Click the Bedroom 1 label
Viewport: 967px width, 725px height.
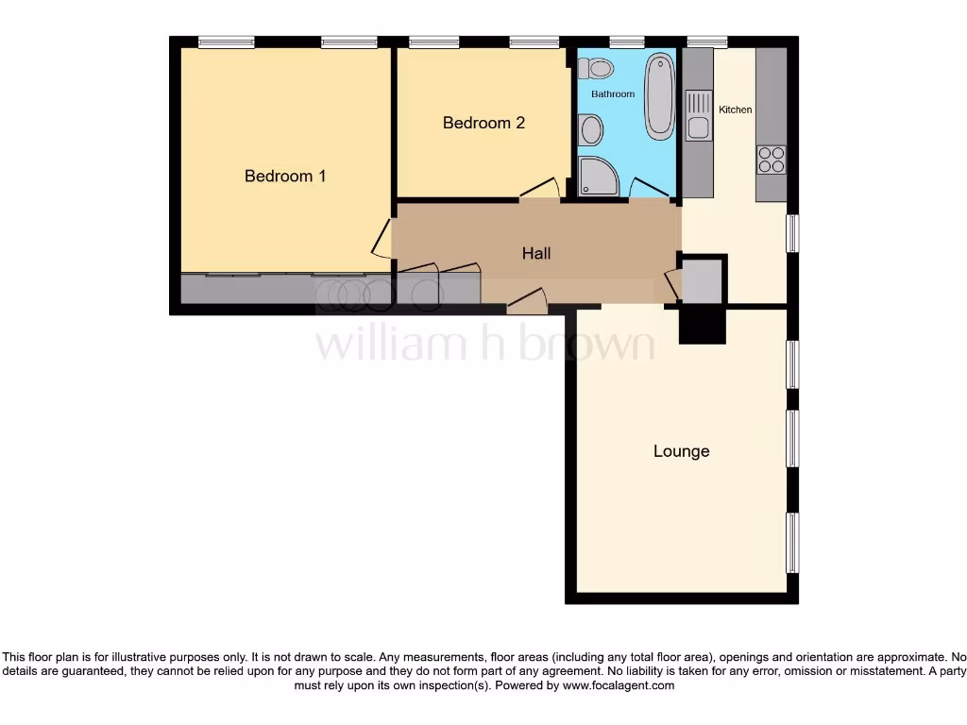(285, 176)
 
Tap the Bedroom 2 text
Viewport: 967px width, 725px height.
(483, 123)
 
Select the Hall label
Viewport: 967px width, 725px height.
(536, 253)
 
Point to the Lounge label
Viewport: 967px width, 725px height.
(681, 451)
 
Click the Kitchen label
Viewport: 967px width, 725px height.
(736, 110)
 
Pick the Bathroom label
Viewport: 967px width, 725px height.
(613, 94)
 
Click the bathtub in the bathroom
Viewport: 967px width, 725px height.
(659, 95)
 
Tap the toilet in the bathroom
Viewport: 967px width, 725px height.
(598, 68)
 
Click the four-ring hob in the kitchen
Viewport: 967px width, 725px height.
(771, 160)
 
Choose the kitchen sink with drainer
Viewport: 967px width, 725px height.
(698, 114)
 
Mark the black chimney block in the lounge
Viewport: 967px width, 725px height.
(702, 326)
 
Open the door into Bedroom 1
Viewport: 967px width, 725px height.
(381, 240)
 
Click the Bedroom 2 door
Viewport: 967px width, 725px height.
(539, 188)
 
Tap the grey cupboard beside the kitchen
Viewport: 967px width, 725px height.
(701, 280)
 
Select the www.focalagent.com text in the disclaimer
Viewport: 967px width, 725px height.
(619, 685)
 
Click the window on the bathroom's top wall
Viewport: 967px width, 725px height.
(626, 42)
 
